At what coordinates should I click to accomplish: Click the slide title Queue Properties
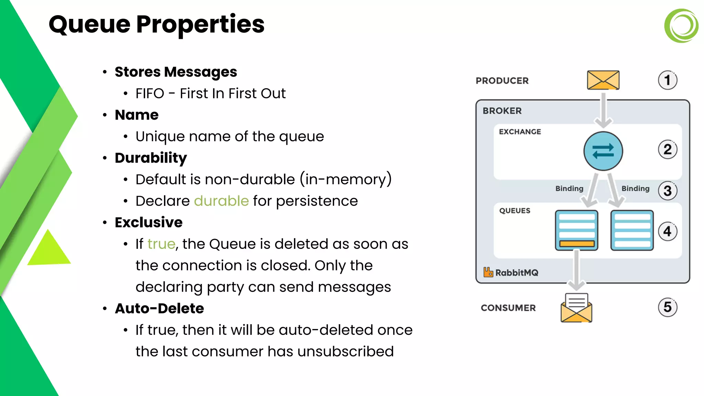point(156,24)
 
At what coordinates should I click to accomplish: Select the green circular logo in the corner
point(681,26)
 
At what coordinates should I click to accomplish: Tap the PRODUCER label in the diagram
point(502,81)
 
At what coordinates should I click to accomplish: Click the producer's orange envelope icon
point(603,80)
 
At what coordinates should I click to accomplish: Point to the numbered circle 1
point(668,80)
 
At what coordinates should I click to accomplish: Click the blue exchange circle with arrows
point(603,151)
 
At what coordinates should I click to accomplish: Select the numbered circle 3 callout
point(668,191)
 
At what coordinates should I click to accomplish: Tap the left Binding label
point(569,188)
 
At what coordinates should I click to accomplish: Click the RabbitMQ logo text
point(516,273)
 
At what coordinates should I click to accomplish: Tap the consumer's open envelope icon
point(576,308)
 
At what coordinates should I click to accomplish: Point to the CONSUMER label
point(508,308)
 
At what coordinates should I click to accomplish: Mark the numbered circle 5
point(668,307)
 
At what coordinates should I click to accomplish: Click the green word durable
point(221,201)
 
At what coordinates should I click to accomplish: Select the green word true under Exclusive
point(161,244)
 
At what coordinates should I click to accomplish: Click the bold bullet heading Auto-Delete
point(159,308)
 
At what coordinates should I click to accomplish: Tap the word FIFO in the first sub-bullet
point(150,93)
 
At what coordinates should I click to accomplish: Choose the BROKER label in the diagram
point(502,111)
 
